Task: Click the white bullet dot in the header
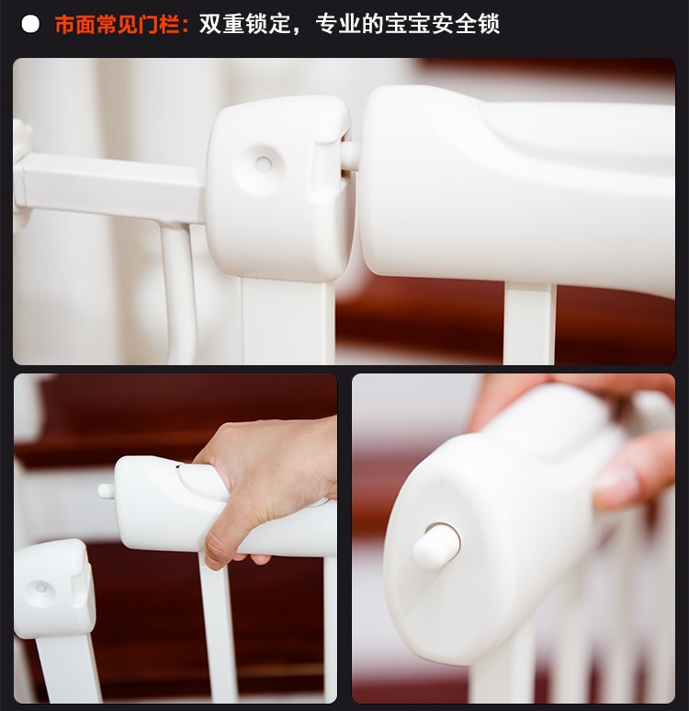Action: coord(30,24)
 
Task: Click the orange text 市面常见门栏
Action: coord(117,25)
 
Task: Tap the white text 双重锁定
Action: coord(244,24)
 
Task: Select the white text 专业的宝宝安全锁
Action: coord(408,24)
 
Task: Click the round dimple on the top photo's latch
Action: coord(263,163)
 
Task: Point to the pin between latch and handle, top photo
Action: coord(350,156)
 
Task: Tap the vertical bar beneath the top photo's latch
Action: coord(288,322)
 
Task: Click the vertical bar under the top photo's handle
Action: coord(529,324)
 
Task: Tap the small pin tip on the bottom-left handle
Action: coord(106,490)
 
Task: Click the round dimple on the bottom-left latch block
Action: coord(41,589)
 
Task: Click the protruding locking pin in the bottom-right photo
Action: coord(435,546)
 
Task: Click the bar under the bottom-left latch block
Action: coord(68,669)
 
